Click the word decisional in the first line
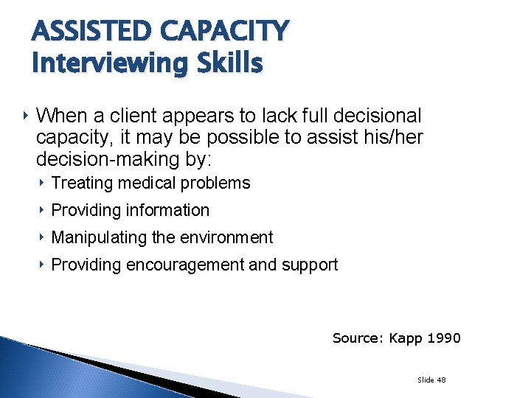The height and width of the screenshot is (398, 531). [x=377, y=116]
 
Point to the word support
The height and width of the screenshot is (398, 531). [x=310, y=265]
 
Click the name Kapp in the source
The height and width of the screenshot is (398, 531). [x=406, y=338]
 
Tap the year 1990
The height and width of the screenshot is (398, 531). [x=444, y=338]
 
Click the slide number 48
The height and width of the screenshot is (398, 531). [x=441, y=380]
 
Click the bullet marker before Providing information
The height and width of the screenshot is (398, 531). [x=43, y=210]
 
